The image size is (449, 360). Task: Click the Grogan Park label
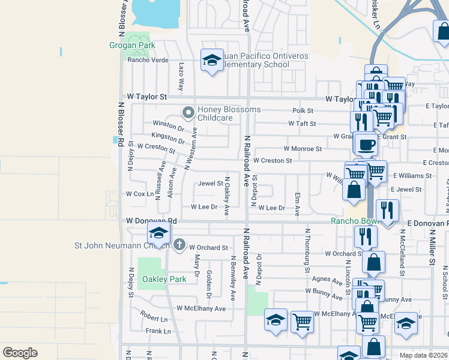point(132,45)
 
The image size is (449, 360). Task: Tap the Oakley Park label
point(157,279)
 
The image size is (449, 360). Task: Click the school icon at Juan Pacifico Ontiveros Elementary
point(211,60)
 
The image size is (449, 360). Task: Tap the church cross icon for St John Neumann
point(179,244)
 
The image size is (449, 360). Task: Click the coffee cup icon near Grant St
point(366,144)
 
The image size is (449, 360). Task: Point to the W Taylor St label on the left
point(146,97)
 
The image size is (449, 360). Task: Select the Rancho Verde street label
point(148,60)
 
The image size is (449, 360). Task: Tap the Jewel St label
point(211,184)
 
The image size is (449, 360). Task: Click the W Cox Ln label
point(139,194)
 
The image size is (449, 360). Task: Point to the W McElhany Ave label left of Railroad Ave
point(200,308)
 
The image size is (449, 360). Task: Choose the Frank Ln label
point(158,331)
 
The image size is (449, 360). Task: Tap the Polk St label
point(303,111)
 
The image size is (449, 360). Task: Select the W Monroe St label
point(303,149)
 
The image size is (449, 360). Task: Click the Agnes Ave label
point(327,280)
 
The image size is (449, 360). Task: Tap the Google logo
point(20,353)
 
